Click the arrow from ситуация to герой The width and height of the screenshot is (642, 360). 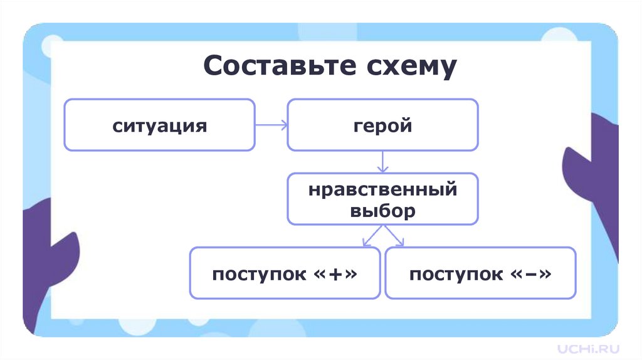coord(271,125)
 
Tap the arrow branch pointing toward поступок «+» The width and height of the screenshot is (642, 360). coord(370,236)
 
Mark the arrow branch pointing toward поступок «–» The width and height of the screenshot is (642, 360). coord(396,236)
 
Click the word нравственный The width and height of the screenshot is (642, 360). coord(382,189)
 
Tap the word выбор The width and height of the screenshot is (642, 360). coord(382,210)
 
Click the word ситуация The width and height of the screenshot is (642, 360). coord(159,125)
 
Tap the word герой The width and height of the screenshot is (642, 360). coord(382,125)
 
